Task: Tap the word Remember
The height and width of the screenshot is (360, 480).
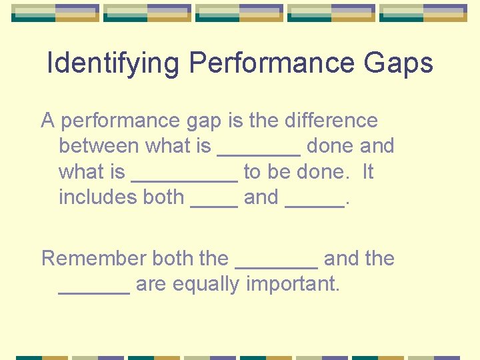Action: [94, 259]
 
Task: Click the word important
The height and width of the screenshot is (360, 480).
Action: [293, 285]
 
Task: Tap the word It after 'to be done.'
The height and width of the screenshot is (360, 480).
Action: [367, 172]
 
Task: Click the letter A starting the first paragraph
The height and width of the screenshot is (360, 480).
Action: [47, 121]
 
